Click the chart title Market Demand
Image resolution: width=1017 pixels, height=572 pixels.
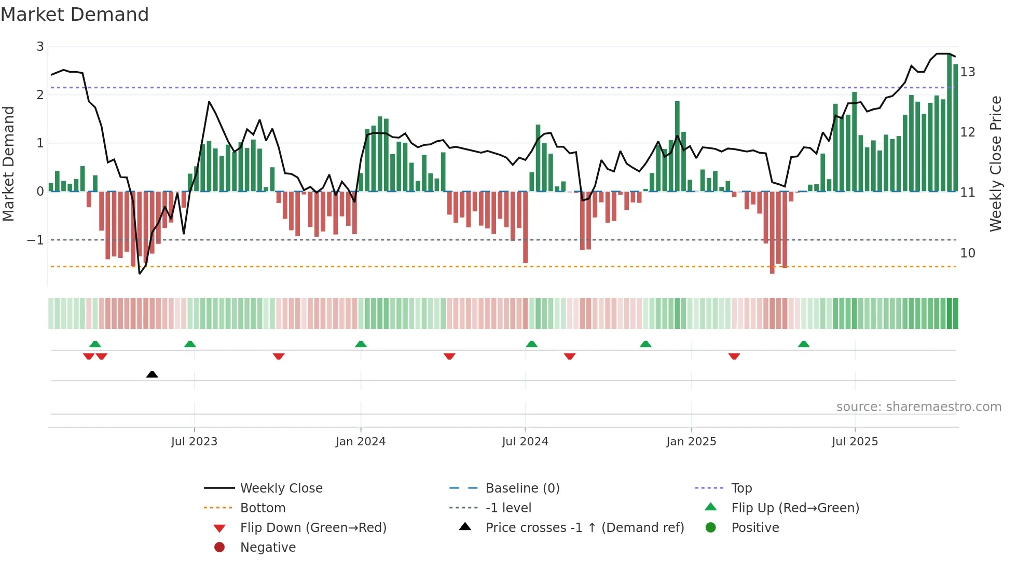coord(75,15)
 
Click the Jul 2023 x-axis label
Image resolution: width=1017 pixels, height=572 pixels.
coord(194,441)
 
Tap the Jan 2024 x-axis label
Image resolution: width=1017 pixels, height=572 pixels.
coord(360,441)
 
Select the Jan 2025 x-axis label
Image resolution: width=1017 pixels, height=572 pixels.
coord(691,441)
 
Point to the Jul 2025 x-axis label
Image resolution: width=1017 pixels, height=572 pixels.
coord(855,441)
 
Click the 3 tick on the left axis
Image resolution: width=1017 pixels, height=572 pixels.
coord(40,47)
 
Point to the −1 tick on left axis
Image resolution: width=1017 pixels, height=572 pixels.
coord(35,240)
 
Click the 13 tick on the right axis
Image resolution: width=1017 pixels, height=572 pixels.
coord(968,72)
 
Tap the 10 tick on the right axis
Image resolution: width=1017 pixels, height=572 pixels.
coord(968,253)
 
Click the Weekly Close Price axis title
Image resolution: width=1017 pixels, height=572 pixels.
coord(995,164)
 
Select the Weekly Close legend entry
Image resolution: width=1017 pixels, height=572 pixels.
coord(281,488)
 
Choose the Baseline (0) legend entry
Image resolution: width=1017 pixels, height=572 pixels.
coord(522,488)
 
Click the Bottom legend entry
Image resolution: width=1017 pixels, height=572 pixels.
coord(263,508)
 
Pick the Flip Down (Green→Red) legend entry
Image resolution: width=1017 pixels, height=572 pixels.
coord(313,527)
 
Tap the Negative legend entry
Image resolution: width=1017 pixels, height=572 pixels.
coord(268,547)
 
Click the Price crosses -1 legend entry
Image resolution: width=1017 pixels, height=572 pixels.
coord(584,527)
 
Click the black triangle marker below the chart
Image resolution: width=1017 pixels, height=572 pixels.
coord(152,374)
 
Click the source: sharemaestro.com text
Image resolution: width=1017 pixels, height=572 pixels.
coord(918,406)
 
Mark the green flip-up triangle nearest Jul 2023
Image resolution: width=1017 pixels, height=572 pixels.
coord(190,344)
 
